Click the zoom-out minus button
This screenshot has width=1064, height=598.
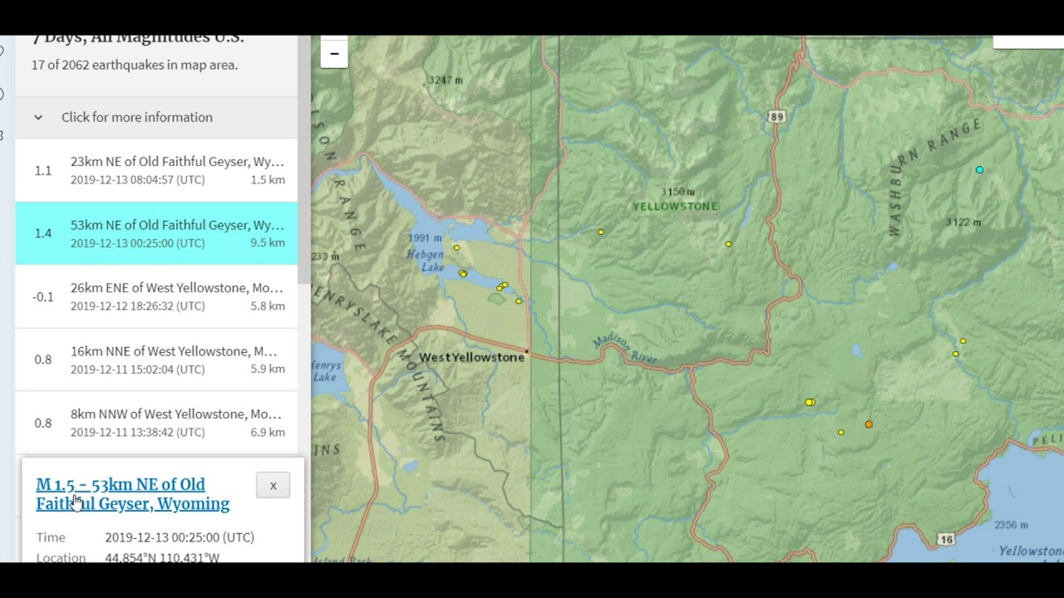[334, 54]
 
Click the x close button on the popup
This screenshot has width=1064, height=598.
[273, 486]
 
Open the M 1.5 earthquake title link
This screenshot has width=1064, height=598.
[132, 494]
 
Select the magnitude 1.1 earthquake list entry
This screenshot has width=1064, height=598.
[156, 170]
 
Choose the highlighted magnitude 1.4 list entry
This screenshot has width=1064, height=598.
[156, 233]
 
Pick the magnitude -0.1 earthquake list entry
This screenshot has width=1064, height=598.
[156, 297]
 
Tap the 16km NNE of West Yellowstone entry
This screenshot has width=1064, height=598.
[156, 360]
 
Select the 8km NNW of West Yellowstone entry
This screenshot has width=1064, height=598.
[156, 423]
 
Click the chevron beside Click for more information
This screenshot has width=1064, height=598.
[38, 117]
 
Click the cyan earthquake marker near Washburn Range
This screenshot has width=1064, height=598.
[979, 169]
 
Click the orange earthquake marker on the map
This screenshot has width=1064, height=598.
[869, 424]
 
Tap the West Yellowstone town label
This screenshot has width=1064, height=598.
[471, 357]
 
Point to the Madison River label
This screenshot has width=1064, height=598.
[624, 350]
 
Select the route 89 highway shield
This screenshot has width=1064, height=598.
[776, 117]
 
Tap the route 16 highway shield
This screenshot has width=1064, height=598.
[946, 540]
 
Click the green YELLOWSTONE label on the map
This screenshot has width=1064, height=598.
[675, 206]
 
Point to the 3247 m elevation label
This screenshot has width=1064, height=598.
[445, 81]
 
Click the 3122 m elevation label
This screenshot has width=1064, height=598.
[963, 223]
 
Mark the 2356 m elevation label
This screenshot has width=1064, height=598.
[1011, 525]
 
